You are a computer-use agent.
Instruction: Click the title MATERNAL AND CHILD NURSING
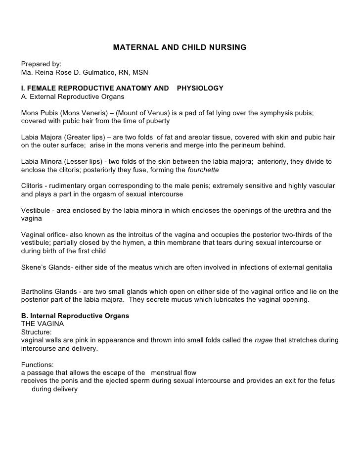pyautogui.click(x=180, y=48)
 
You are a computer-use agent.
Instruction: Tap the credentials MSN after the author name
pyautogui.click(x=140, y=73)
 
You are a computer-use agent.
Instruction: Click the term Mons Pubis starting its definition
pyautogui.click(x=39, y=113)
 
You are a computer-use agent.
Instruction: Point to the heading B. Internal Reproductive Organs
pyautogui.click(x=75, y=316)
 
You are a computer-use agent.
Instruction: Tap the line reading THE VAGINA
pyautogui.click(x=42, y=324)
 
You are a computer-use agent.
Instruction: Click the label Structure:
pyautogui.click(x=36, y=332)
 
